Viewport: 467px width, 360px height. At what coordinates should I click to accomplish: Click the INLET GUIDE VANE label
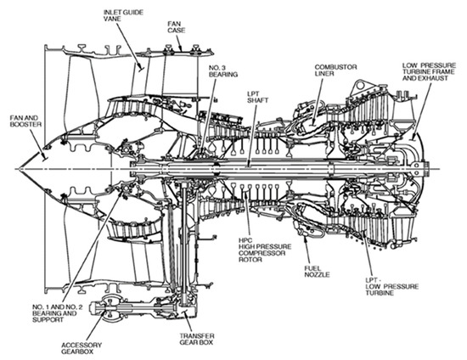point(123,15)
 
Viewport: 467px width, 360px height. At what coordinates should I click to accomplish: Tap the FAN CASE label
point(177,27)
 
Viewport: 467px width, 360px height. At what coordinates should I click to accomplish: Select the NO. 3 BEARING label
point(223,70)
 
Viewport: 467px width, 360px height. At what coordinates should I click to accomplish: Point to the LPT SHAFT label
point(257,97)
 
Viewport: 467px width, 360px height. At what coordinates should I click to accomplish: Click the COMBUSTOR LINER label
point(335,70)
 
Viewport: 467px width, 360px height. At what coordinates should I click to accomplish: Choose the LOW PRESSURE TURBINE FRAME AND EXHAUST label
point(429,72)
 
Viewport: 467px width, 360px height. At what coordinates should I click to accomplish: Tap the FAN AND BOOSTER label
point(25,121)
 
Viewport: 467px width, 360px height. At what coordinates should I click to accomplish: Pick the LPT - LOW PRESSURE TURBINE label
point(392,286)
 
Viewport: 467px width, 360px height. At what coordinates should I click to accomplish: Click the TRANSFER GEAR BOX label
point(197,339)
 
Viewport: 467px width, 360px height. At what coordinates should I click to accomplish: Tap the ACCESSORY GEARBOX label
point(82,348)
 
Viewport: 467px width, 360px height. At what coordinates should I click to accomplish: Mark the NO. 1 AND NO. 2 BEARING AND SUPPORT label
point(57,313)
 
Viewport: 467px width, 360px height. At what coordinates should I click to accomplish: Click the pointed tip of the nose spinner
point(17,169)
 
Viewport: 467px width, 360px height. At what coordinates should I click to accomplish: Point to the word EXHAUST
point(436,78)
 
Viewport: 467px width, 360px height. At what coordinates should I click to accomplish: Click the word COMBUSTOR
point(335,67)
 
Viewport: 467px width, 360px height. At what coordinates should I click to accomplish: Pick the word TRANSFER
point(197,335)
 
